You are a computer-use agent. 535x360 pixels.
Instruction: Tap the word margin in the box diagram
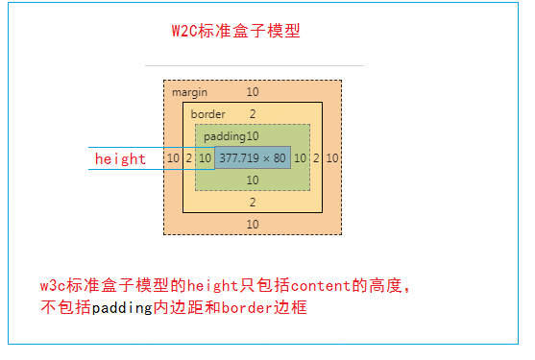tap(189, 92)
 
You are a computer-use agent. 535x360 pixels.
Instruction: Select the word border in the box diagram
tap(207, 114)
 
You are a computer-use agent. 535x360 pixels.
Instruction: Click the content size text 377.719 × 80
tap(253, 157)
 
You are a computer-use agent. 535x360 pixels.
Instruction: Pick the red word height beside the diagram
tap(120, 159)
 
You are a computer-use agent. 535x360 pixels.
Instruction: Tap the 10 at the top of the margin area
tap(253, 92)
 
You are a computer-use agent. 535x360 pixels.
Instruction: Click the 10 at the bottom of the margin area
tap(253, 224)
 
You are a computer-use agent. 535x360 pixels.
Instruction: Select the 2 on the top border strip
tap(253, 114)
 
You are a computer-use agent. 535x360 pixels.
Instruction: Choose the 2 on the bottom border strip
tap(253, 203)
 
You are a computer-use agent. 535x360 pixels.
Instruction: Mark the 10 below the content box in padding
tap(253, 180)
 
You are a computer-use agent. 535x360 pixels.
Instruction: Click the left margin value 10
tap(173, 157)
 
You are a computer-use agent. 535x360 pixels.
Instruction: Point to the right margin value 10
tap(331, 157)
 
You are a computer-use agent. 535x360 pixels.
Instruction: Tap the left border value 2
tap(189, 157)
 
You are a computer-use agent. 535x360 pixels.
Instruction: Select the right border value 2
tap(316, 157)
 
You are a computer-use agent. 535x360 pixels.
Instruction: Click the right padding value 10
tap(301, 157)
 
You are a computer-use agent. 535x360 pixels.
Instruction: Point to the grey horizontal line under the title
tap(255, 65)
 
